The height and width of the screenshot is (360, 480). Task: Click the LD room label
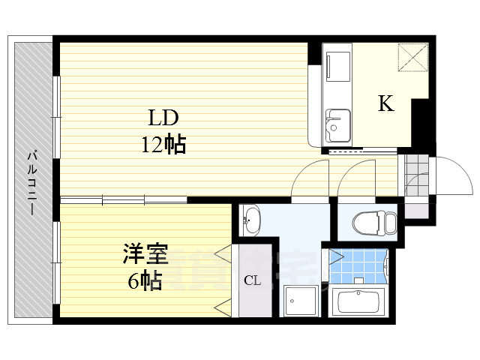point(162,118)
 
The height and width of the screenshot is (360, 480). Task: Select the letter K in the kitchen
point(385,104)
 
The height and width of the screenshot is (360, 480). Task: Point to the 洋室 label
point(145,255)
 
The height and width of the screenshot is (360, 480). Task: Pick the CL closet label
point(252,281)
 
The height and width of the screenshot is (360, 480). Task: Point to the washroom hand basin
point(251,220)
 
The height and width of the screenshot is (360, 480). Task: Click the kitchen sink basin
point(337,121)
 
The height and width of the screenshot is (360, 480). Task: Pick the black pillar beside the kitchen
point(421,124)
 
